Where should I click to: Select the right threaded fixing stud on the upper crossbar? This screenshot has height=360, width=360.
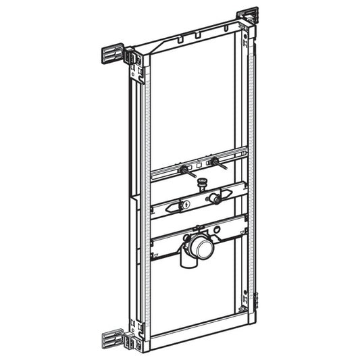215,162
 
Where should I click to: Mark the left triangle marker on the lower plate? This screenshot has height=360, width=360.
157,257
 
